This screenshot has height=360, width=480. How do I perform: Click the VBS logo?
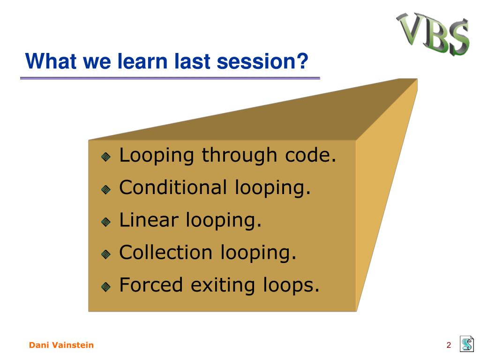tap(433, 34)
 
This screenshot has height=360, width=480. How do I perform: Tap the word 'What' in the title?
tap(51, 61)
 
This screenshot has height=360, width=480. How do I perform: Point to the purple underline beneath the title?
tap(170, 78)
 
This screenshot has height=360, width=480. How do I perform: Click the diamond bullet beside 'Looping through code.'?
tap(106, 157)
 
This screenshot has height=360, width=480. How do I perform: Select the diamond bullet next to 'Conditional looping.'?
tap(106, 189)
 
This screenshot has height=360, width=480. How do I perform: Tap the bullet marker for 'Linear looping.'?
tap(106, 222)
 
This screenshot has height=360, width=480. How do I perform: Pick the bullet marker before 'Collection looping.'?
tap(106, 254)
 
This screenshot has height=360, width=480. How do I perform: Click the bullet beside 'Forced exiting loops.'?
tap(106, 287)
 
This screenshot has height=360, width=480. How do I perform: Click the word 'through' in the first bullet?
tap(240, 156)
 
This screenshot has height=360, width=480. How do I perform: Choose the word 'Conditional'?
tap(173, 187)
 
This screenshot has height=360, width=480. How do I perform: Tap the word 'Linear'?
tap(149, 220)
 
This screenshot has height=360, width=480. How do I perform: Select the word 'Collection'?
tap(165, 252)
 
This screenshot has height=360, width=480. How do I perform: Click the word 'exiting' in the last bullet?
tap(223, 285)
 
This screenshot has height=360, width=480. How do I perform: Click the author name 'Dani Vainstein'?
tap(61, 345)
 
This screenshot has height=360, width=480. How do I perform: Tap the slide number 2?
tap(449, 345)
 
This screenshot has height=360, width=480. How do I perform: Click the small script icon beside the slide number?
tap(467, 344)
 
